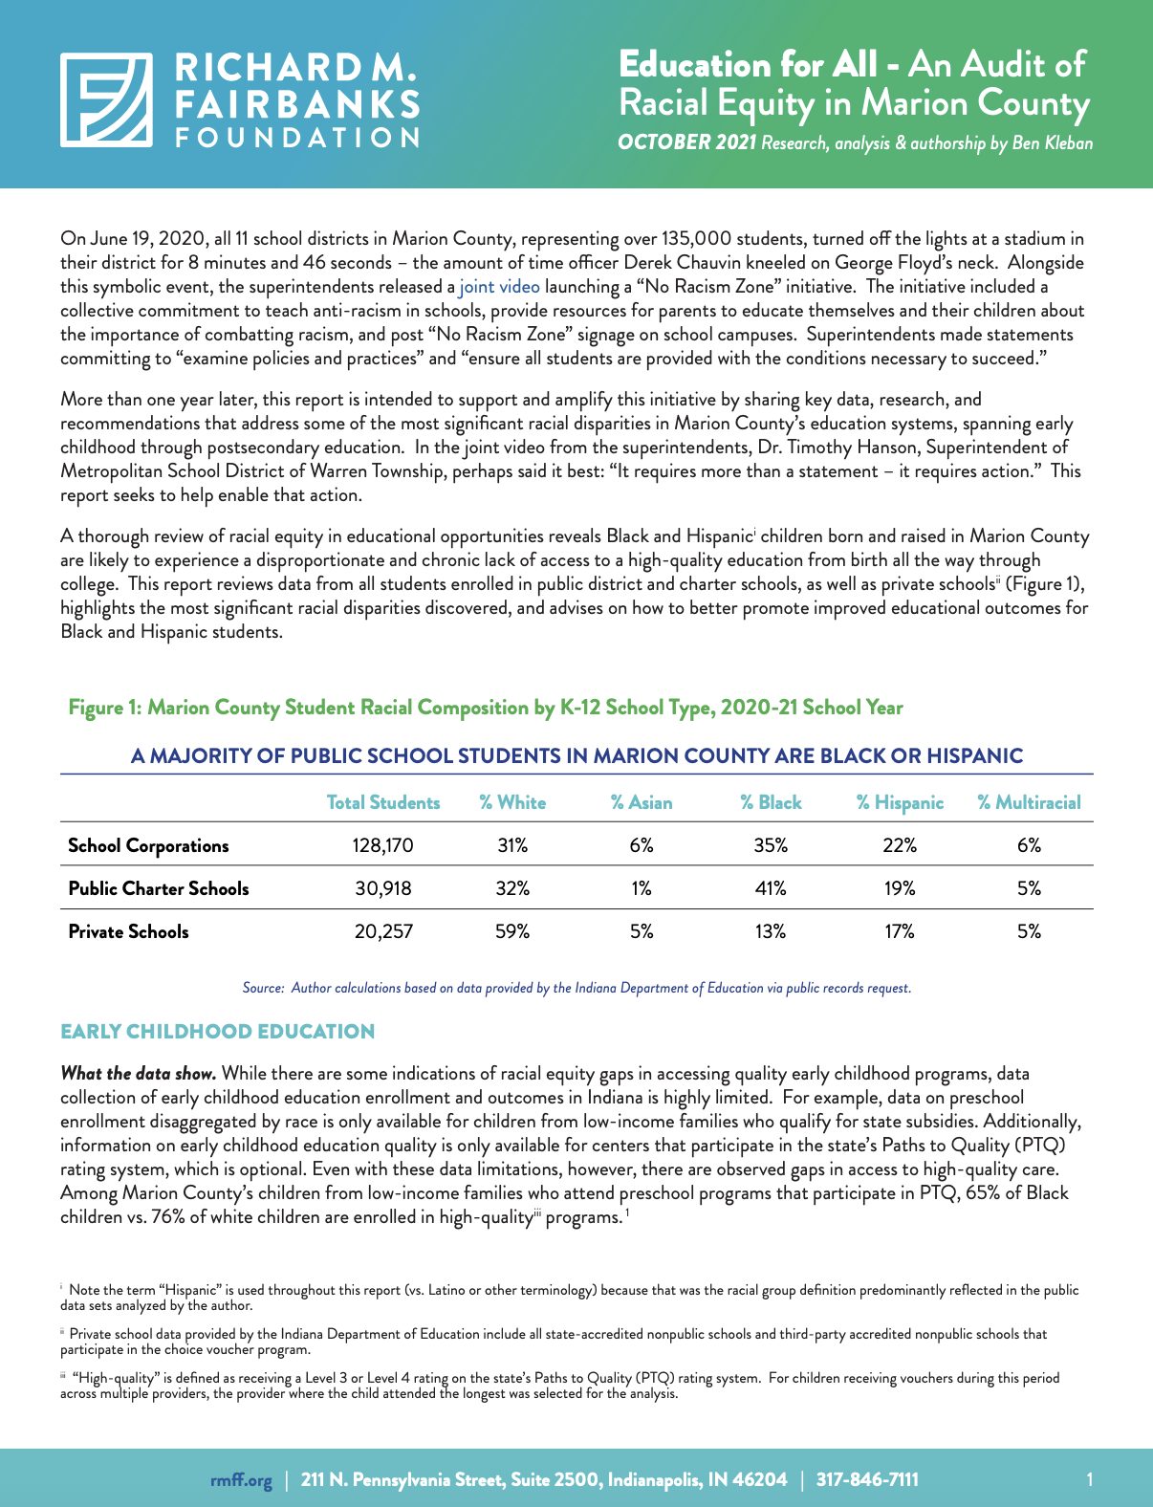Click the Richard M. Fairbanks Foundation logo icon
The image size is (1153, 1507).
coord(106,99)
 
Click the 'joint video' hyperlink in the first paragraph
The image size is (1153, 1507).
coord(499,287)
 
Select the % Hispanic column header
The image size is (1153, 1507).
coord(899,803)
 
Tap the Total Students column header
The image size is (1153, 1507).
coord(383,803)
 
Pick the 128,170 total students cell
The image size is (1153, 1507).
coord(383,845)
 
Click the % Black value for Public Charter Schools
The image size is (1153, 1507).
coord(771,888)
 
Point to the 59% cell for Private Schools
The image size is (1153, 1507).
coord(512,931)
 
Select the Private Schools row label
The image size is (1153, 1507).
coord(128,931)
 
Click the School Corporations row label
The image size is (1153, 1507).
coord(148,845)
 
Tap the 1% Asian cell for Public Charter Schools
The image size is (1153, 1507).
coord(642,888)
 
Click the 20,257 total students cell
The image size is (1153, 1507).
coord(383,931)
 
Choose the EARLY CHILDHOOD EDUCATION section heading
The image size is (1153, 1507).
coord(217,1032)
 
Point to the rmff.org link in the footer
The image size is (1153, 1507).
coord(241,1480)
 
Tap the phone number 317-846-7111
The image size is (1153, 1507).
coord(867,1480)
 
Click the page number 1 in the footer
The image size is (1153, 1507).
coord(1089,1480)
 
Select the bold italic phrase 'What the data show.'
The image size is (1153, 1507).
coord(138,1074)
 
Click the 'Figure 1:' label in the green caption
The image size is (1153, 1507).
coord(105,708)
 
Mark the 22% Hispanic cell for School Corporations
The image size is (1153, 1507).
coord(899,845)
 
